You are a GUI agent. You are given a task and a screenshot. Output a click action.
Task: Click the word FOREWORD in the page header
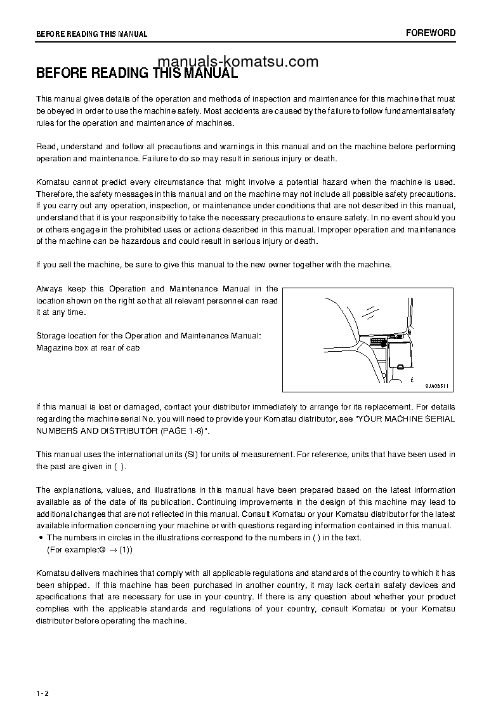(431, 33)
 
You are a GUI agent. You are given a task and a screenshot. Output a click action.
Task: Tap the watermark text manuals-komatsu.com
(237, 62)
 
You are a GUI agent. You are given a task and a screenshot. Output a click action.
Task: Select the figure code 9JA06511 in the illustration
(437, 385)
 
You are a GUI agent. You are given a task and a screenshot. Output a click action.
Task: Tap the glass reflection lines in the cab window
(370, 310)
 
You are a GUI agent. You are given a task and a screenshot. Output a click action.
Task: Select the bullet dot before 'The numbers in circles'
(41, 538)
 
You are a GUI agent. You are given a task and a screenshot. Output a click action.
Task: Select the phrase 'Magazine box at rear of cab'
(88, 347)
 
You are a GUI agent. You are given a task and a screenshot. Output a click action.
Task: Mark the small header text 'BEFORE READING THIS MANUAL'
(91, 34)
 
